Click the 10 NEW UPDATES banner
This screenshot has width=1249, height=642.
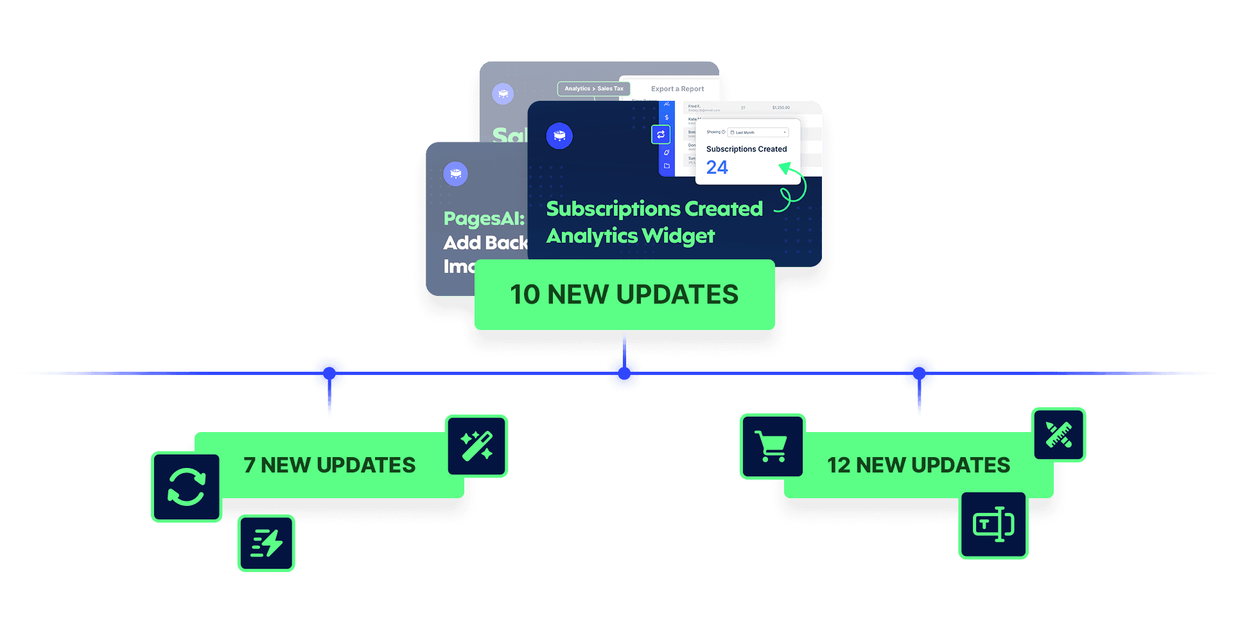coord(624,295)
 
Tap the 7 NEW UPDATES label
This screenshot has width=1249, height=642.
coord(329,465)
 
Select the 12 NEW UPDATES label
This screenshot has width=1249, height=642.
coord(918,465)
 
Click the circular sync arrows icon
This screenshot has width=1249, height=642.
coord(186,487)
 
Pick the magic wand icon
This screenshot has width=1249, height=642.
coord(476,446)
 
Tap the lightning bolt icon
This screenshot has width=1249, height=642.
coord(266,543)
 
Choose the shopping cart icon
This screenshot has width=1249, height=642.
coord(772,446)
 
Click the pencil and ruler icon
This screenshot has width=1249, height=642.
coord(1058,435)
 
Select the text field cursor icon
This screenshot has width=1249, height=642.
coord(993,525)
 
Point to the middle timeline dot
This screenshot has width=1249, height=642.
coord(624,373)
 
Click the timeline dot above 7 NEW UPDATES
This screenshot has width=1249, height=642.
coord(329,373)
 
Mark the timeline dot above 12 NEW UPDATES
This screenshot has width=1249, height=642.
coord(919,373)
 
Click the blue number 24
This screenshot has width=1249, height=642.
coord(717,168)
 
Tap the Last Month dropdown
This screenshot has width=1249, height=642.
coord(758,132)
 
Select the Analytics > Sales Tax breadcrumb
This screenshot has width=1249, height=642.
coord(593,89)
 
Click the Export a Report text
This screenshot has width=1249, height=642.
coord(677,89)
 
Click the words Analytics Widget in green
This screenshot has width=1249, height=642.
coord(630,236)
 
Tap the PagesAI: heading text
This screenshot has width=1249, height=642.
coord(484,219)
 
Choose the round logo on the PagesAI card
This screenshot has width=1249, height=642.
coord(455,173)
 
